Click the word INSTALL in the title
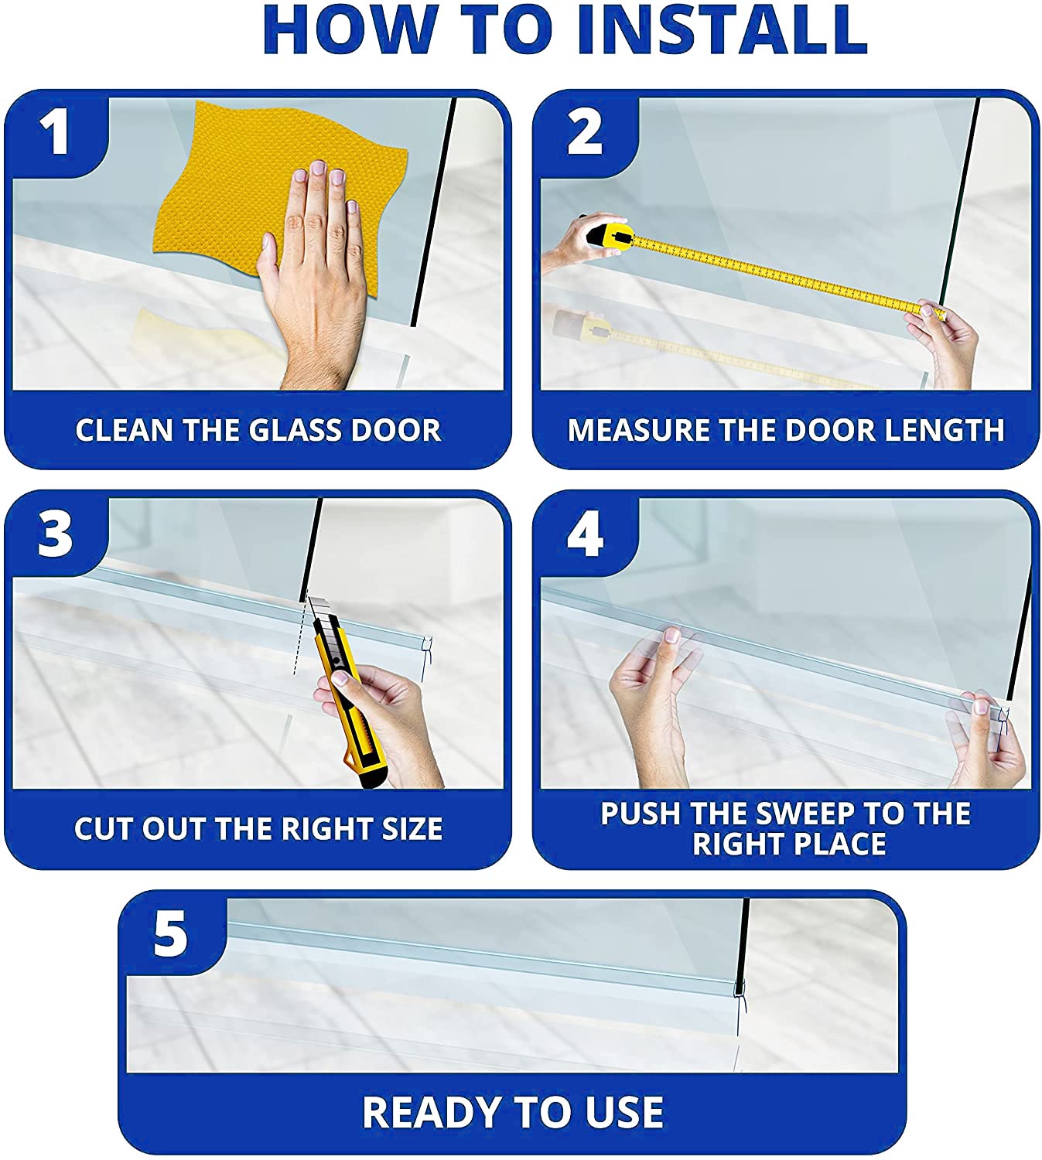pos(721,29)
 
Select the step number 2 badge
pos(584,133)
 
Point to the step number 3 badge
pos(55,534)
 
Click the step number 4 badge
pos(585,534)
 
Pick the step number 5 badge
pos(170,934)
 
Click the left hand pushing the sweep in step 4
pos(653,705)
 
